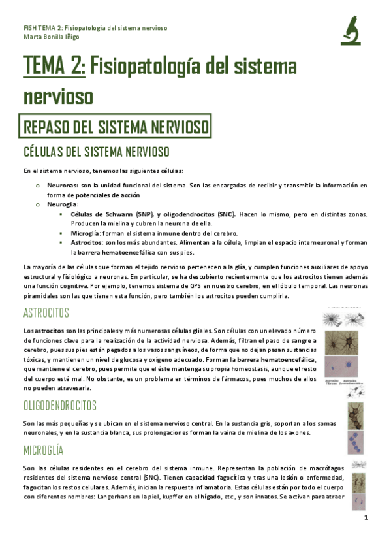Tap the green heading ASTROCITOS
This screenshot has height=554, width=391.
pos(46,312)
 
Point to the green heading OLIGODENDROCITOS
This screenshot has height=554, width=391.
pos(59,405)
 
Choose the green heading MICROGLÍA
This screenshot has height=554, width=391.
pos(44,451)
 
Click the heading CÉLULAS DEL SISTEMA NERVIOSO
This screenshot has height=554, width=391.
pos(96,152)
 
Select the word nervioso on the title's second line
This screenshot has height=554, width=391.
pos(58,96)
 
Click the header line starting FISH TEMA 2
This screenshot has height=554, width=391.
pos(95,28)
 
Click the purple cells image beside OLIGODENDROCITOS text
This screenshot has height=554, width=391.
pos(356,442)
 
